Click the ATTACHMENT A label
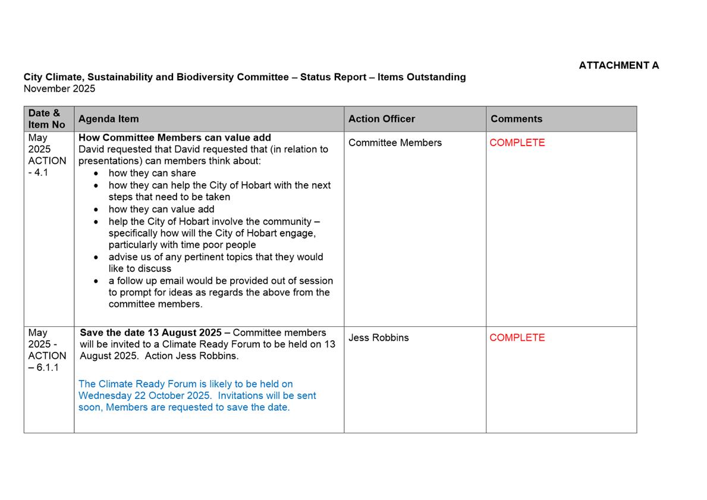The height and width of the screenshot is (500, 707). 618,65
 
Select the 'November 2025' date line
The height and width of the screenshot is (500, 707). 59,89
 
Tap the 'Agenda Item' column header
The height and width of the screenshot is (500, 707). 108,119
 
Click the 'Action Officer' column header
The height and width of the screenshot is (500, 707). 382,119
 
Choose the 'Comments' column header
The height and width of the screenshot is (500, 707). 516,119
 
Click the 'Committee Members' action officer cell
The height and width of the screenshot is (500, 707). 395,143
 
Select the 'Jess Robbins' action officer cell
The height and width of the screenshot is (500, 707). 379,338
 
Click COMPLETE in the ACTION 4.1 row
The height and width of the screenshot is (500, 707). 517,143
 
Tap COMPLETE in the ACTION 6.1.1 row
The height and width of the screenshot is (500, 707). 517,338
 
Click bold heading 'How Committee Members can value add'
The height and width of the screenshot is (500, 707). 175,137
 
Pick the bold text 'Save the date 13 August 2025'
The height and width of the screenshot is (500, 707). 151,332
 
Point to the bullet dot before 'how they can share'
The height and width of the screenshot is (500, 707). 97,174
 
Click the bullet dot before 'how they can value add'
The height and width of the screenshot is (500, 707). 97,209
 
